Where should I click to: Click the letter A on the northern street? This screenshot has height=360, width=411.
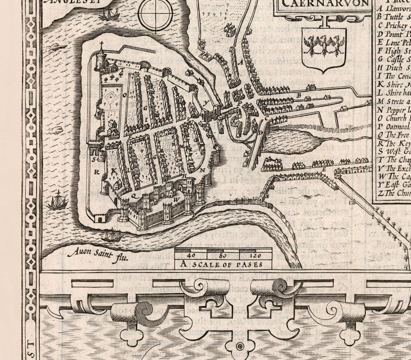pyautogui.click(x=241, y=62)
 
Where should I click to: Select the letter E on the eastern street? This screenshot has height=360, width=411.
pyautogui.click(x=324, y=170)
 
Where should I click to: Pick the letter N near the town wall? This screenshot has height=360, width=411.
pyautogui.click(x=201, y=169)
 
